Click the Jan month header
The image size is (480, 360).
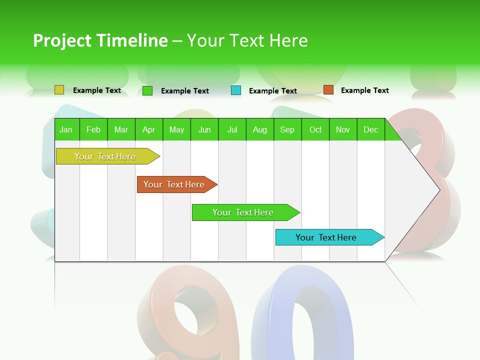(x=66, y=129)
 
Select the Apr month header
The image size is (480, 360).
(x=149, y=129)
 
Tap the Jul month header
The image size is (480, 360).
(x=232, y=129)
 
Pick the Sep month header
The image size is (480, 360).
(x=287, y=129)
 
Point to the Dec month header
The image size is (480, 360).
(x=370, y=129)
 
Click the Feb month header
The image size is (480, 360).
(x=93, y=129)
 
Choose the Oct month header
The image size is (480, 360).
(x=315, y=129)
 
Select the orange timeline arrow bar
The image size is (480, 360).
(x=174, y=184)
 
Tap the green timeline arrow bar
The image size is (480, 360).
(x=243, y=212)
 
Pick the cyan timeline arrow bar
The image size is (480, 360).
(x=326, y=237)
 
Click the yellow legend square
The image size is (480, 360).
(x=59, y=90)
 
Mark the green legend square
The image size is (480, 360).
(x=147, y=90)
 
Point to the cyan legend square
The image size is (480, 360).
(x=236, y=90)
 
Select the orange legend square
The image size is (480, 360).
(x=328, y=90)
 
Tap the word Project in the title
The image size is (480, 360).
(x=62, y=40)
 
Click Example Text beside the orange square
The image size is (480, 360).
(x=364, y=90)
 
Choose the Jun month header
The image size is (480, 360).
(x=204, y=129)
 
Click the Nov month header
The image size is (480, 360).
(x=343, y=129)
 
